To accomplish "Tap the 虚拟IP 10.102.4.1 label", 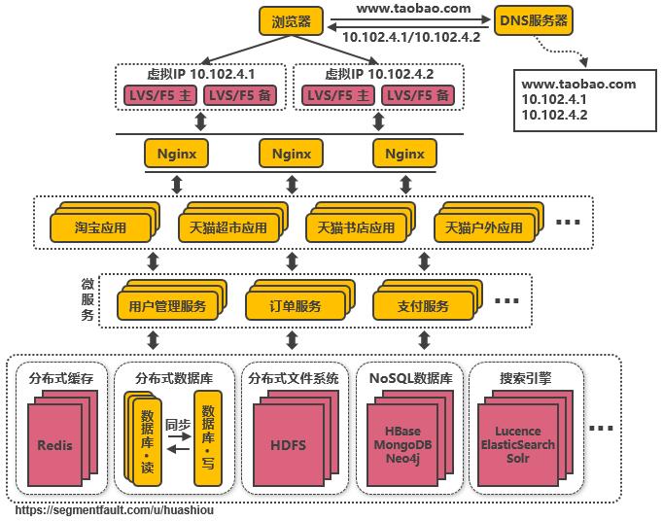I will (x=200, y=74).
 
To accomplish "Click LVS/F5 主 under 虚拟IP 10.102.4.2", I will (x=336, y=95).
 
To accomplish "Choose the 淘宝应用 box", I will (x=100, y=228).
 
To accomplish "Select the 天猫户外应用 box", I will (x=483, y=228).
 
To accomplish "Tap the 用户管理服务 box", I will (x=167, y=306).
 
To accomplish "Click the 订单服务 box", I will (x=296, y=306).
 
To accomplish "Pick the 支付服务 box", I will (x=424, y=306).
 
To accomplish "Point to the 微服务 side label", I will (x=87, y=300).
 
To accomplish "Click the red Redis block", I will (x=54, y=445).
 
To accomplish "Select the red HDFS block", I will (x=287, y=445).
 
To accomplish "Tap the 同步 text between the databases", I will (x=177, y=425).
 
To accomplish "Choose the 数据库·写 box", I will (x=207, y=437).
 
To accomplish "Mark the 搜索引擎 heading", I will (x=525, y=378).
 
